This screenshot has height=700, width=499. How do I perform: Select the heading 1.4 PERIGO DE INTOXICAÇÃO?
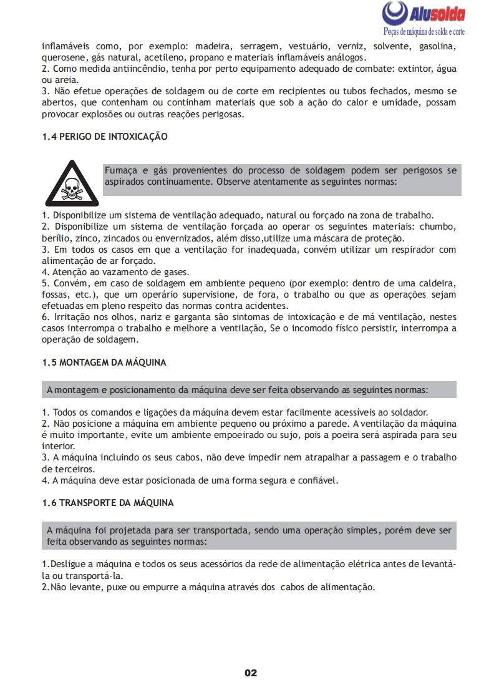point(104,136)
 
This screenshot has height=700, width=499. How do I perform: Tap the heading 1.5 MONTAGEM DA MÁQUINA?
point(104,362)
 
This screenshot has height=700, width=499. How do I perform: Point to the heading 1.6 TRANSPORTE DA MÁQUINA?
point(107,502)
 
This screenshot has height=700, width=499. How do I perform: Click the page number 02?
point(250,673)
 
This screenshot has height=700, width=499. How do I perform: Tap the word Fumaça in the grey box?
point(120,170)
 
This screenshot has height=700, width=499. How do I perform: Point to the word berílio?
point(56,238)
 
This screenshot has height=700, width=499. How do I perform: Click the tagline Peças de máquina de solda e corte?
point(423,31)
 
